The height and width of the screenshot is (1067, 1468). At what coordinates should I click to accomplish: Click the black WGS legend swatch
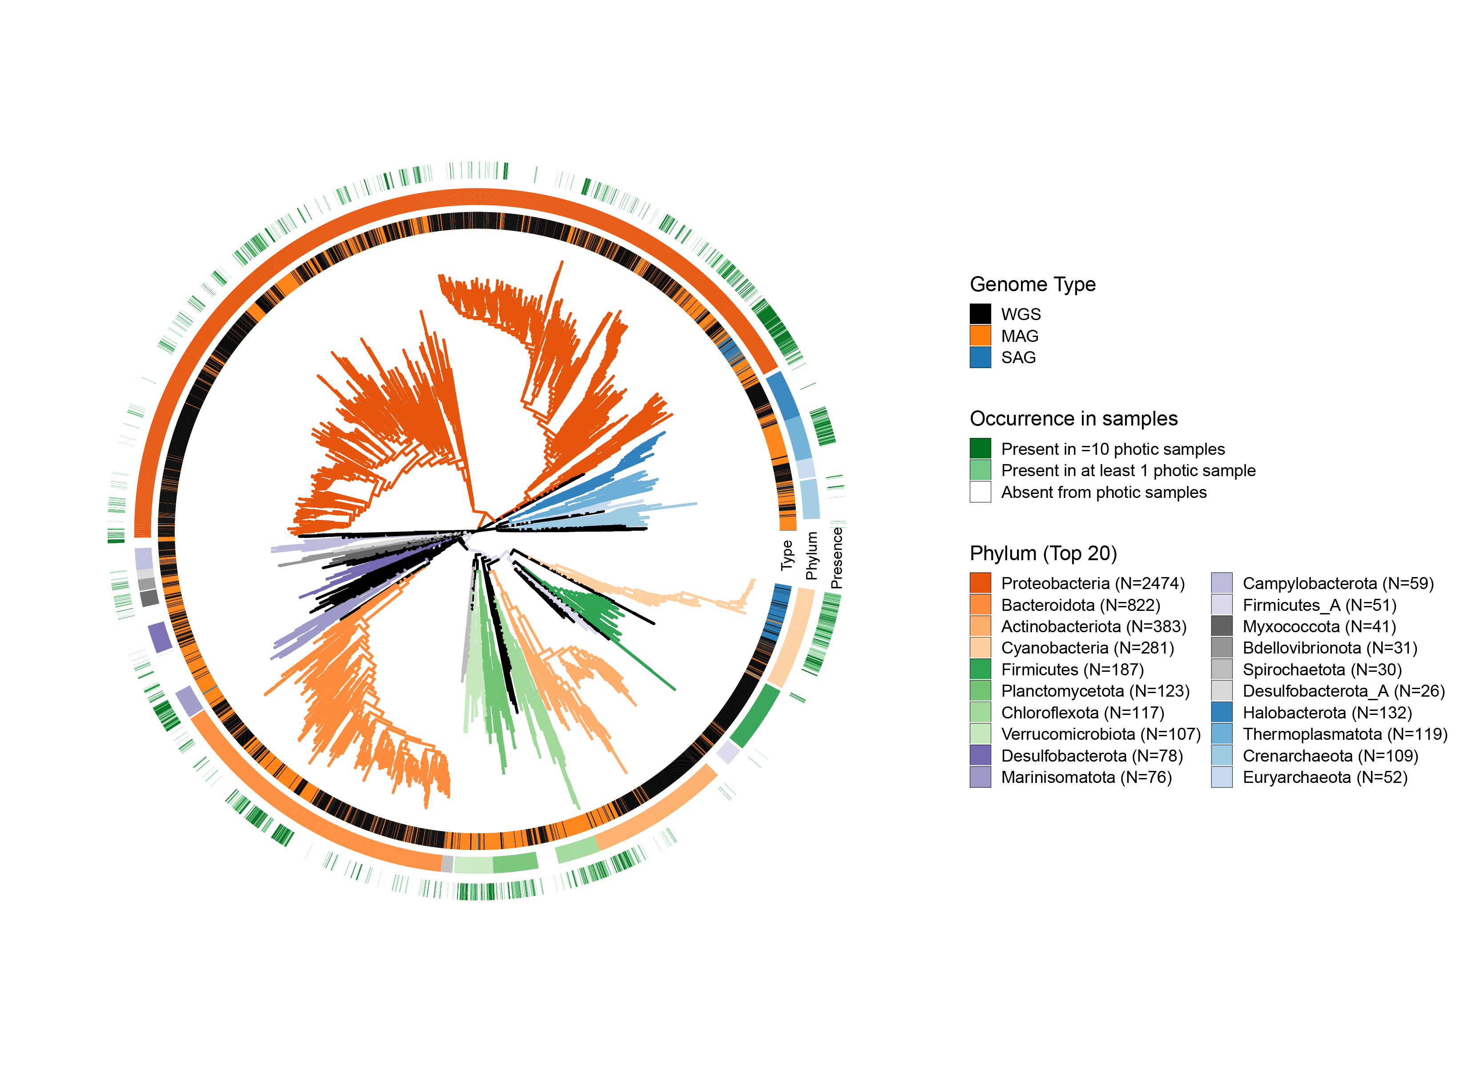point(980,314)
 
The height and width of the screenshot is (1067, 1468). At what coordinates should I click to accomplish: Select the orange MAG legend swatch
point(980,336)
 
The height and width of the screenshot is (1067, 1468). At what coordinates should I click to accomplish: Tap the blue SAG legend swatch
point(980,357)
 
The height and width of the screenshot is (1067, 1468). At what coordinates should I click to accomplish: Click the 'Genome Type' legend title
point(1032,284)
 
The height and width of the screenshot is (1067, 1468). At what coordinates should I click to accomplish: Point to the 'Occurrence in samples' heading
point(1073,419)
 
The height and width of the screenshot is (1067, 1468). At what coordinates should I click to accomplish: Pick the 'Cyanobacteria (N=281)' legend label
point(1087,648)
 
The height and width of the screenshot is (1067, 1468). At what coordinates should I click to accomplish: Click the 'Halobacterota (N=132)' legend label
point(1327,712)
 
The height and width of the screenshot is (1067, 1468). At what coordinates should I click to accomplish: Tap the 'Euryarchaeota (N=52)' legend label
point(1325,777)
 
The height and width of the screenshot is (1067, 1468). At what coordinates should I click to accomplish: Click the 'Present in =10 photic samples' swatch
point(980,449)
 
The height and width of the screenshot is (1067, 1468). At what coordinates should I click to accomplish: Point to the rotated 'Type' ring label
point(787,555)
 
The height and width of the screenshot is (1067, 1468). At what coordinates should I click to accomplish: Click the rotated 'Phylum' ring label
point(812,556)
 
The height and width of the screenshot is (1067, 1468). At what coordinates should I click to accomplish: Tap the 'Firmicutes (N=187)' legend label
point(1072,669)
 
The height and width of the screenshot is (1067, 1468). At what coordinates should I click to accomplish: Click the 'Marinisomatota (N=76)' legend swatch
point(980,777)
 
